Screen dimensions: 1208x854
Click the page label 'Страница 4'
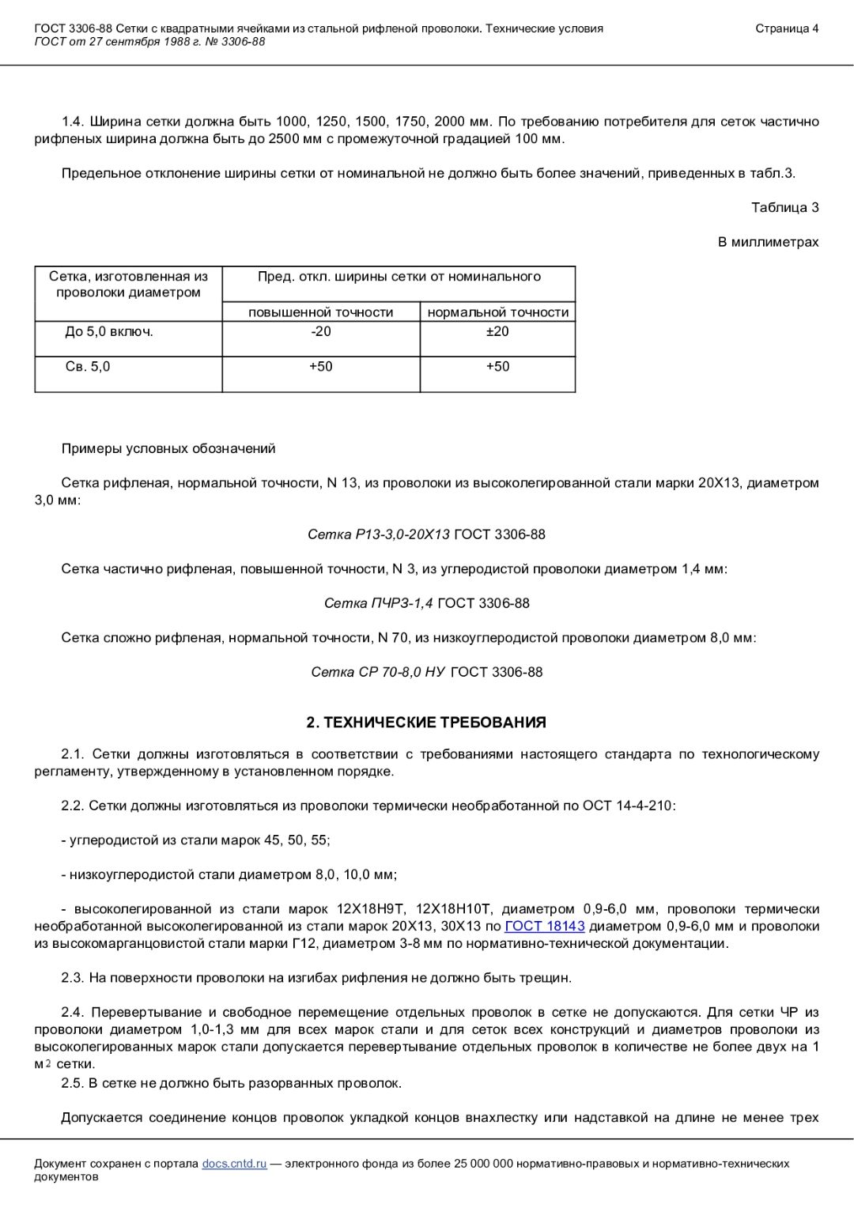(787, 28)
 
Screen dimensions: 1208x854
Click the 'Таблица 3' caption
(784, 207)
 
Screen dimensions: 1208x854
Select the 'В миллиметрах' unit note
(768, 242)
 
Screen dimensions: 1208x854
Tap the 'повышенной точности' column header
(320, 312)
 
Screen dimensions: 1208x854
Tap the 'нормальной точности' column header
(497, 312)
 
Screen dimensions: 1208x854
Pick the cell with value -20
(320, 331)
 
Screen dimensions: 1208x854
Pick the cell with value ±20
(497, 331)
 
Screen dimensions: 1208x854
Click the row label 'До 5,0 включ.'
(109, 331)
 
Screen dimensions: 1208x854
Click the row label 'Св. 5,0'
(88, 366)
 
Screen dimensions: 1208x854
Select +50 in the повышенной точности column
(320, 366)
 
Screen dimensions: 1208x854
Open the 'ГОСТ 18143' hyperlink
(544, 926)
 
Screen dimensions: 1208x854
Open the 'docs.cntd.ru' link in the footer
(234, 1164)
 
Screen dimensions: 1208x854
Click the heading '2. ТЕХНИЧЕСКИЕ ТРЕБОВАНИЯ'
(426, 723)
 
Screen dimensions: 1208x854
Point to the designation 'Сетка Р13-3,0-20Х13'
(378, 534)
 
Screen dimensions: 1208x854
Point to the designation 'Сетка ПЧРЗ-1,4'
(378, 603)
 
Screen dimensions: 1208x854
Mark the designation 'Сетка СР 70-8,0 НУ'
(378, 672)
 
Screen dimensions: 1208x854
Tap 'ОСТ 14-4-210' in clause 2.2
(628, 806)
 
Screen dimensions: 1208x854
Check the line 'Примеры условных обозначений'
(168, 448)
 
